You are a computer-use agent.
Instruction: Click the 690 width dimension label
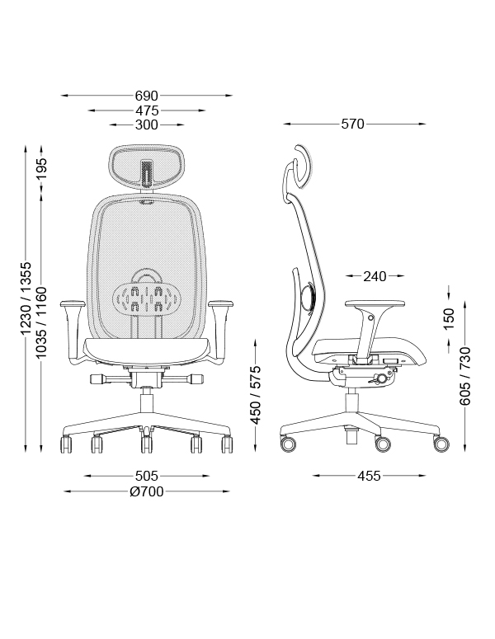[x=146, y=96]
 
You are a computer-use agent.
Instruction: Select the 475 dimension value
[x=147, y=110]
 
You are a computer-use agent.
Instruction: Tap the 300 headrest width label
[x=146, y=125]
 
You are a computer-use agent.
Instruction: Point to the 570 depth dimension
[x=353, y=124]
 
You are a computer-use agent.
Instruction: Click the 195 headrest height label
[x=41, y=168]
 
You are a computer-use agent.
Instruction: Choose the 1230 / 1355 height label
[x=26, y=298]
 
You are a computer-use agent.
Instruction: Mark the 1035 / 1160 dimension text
[x=41, y=322]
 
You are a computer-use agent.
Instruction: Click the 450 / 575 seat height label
[x=255, y=394]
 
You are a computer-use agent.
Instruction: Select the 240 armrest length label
[x=375, y=276]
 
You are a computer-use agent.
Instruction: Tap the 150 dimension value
[x=449, y=319]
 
